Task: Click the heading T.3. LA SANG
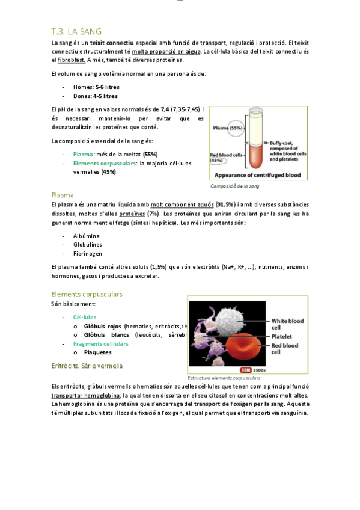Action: tap(76, 31)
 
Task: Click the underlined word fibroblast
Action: tap(72, 60)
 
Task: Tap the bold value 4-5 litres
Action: tap(106, 96)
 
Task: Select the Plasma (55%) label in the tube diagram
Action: tap(228, 127)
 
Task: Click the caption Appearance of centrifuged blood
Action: tap(257, 175)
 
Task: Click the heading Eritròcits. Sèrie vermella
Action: tap(87, 366)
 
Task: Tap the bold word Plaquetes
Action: tap(97, 352)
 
